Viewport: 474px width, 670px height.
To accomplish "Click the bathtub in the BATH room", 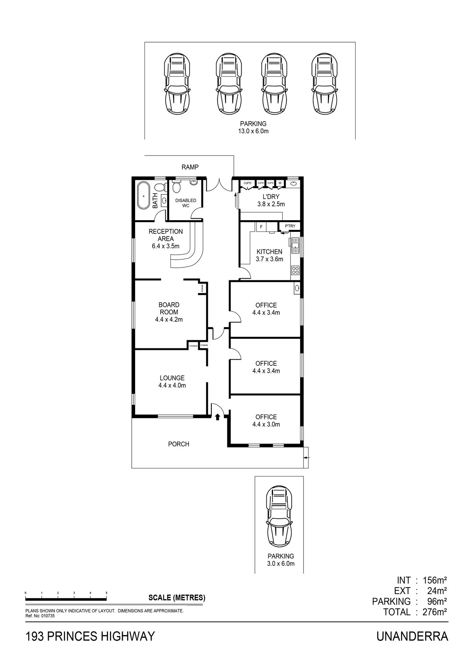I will (143, 195).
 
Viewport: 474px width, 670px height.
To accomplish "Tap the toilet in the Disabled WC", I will (177, 187).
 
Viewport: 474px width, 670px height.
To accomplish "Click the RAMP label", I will (190, 167).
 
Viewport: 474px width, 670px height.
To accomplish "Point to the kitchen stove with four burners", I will (295, 270).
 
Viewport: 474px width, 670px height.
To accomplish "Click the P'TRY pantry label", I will (290, 226).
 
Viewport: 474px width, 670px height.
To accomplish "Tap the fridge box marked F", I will (261, 227).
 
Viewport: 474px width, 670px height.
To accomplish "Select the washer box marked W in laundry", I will (280, 183).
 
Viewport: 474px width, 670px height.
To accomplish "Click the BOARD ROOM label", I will (169, 308).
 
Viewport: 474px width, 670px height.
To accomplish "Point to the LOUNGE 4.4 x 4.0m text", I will (172, 382).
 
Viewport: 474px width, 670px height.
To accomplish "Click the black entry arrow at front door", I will (218, 416).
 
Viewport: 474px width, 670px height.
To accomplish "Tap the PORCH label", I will (179, 444).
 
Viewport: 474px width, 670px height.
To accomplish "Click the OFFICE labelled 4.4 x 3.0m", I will (266, 420).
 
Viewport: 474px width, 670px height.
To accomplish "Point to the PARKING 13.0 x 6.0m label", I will (253, 127).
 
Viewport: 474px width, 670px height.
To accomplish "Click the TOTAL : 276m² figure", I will (415, 612).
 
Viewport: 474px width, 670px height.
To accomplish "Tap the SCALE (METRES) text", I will (177, 598).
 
